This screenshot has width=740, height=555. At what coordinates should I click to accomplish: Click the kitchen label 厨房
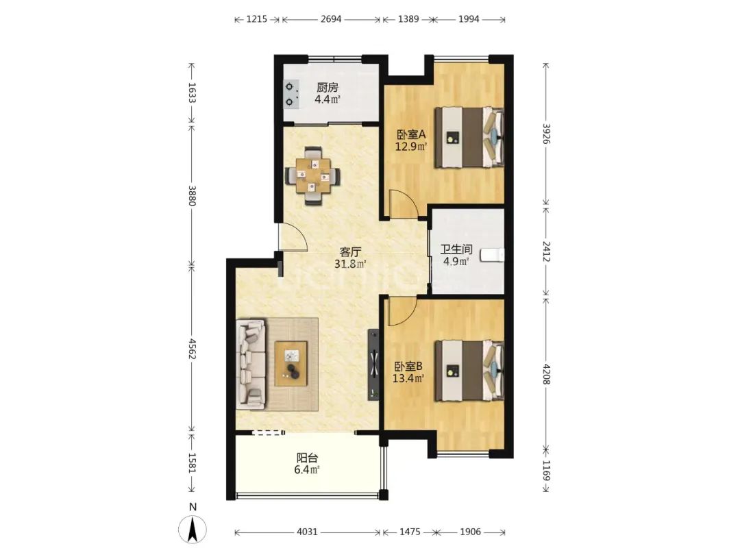pos(327,87)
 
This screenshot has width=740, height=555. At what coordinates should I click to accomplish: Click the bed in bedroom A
pos(469,138)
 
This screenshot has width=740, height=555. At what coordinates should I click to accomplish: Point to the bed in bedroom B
pos(469,371)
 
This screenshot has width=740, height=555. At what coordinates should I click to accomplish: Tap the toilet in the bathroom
pos(492,256)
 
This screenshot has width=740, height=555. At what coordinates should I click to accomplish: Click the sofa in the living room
pos(251,363)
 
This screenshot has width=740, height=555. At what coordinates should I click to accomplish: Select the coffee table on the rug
pos(291,363)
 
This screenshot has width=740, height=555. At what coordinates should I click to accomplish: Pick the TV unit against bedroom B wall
pos(374,365)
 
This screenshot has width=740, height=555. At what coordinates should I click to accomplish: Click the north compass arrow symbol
pos(193,529)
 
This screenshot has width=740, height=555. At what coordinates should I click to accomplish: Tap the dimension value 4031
pos(307,532)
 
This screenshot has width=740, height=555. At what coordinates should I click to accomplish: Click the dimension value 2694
pos(331,19)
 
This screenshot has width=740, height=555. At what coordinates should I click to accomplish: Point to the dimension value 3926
pos(546,134)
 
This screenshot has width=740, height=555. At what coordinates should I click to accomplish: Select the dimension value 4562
pos(192,348)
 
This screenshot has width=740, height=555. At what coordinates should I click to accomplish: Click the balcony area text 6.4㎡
pos(307,469)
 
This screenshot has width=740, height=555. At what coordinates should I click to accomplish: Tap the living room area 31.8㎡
pos(350,264)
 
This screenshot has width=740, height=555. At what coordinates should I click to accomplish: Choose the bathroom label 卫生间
pos(456,249)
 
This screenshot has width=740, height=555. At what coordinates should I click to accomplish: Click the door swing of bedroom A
pos(403,203)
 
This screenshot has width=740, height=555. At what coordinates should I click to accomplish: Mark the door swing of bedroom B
pos(401,312)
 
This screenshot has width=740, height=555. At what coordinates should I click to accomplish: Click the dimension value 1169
pos(546,470)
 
